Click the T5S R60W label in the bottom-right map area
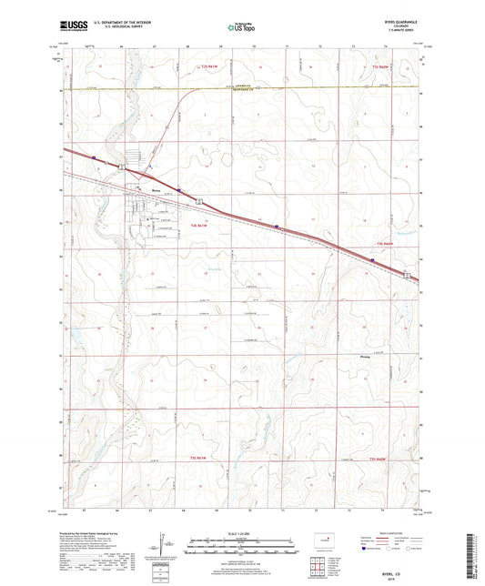coord(386,459)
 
